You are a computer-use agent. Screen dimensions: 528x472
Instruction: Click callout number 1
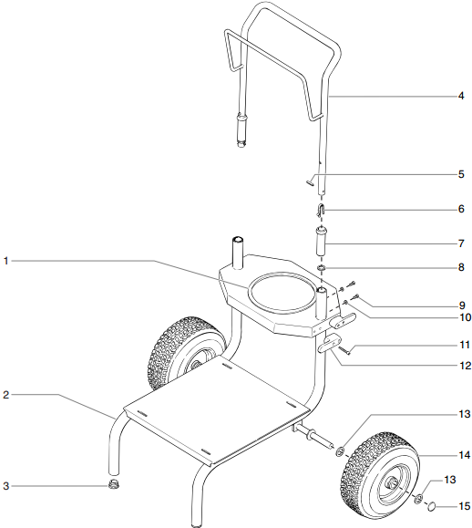6,262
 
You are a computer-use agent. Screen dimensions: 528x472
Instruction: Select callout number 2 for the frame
6,395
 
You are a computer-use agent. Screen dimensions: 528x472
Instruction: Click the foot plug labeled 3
115,484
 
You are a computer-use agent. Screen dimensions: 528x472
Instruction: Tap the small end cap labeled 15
434,505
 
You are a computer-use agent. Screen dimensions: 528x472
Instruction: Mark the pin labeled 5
312,181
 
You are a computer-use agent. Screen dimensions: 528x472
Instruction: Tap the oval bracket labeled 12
328,347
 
